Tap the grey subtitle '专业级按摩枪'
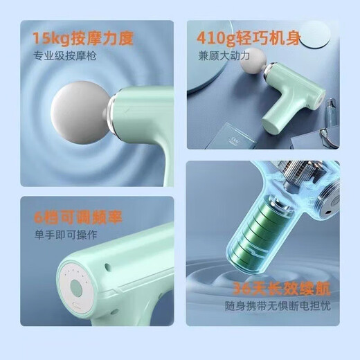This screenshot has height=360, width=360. click(x=66, y=55)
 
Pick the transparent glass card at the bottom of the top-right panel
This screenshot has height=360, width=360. click(x=239, y=136)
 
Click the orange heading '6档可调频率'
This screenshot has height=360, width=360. click(x=78, y=217)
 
